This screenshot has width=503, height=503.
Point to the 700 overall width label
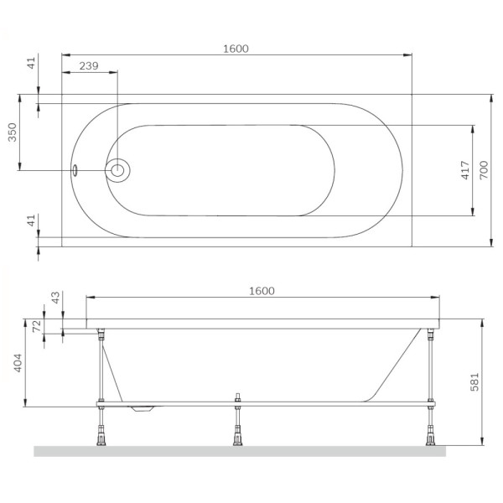coord(483,171)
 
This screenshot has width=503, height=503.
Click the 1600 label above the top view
coord(236,49)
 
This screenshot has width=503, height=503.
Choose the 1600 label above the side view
coord(262,291)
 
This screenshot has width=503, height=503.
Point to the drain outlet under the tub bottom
coord(143,410)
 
